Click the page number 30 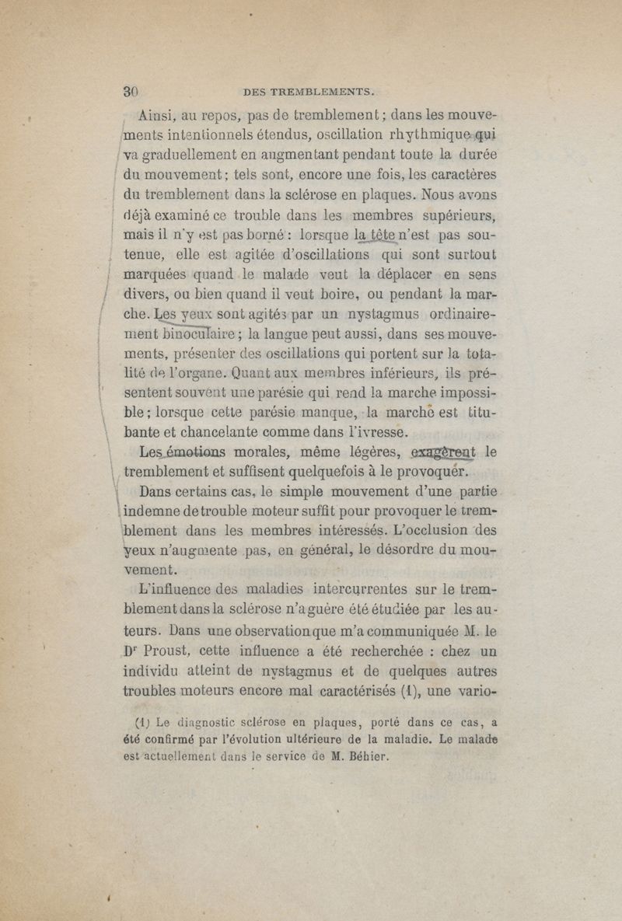coord(128,87)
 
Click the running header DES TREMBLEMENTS coord(309,89)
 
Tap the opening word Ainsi coord(159,117)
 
